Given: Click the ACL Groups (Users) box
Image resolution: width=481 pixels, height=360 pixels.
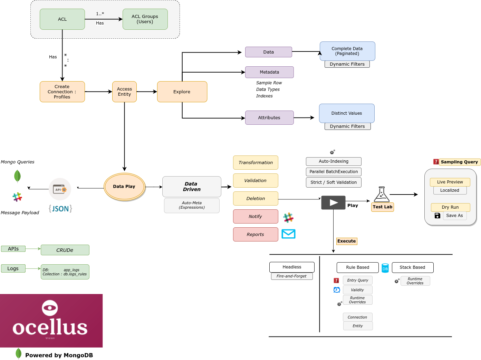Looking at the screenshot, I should click(x=145, y=19).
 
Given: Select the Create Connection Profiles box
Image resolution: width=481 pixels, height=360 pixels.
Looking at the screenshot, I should click(x=62, y=92).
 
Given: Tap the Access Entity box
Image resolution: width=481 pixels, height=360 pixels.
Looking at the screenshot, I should click(x=124, y=92).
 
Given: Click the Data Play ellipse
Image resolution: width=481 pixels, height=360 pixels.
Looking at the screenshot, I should click(x=124, y=187).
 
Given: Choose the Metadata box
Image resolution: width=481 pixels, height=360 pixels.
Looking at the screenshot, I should click(x=269, y=72).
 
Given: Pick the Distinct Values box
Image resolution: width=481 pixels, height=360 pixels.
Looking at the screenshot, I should click(x=347, y=113).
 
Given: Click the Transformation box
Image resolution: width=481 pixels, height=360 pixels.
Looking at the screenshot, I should click(x=256, y=163).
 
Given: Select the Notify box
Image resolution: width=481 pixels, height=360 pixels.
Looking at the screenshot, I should click(x=256, y=217).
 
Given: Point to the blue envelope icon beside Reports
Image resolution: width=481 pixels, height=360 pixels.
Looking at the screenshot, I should click(x=288, y=234).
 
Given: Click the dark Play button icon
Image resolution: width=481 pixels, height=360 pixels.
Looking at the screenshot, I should click(x=333, y=202).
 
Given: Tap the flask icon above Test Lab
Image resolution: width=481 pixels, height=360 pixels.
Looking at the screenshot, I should click(x=382, y=195).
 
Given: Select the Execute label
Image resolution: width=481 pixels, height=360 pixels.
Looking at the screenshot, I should click(x=347, y=241).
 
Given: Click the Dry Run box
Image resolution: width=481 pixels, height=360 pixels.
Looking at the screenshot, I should click(x=450, y=207).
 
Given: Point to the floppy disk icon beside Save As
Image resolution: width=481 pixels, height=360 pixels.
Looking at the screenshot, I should click(x=437, y=216).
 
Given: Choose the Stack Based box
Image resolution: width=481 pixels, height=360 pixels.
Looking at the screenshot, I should click(x=413, y=267).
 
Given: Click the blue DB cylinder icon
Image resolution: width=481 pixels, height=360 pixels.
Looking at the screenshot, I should click(x=385, y=268).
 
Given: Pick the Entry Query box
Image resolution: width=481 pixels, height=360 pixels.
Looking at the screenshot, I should click(x=358, y=280).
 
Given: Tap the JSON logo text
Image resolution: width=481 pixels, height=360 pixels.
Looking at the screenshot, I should click(x=60, y=209).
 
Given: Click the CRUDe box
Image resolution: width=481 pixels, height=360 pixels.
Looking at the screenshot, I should click(x=65, y=250).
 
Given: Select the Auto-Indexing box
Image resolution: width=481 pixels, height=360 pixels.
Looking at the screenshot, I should click(x=334, y=161).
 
